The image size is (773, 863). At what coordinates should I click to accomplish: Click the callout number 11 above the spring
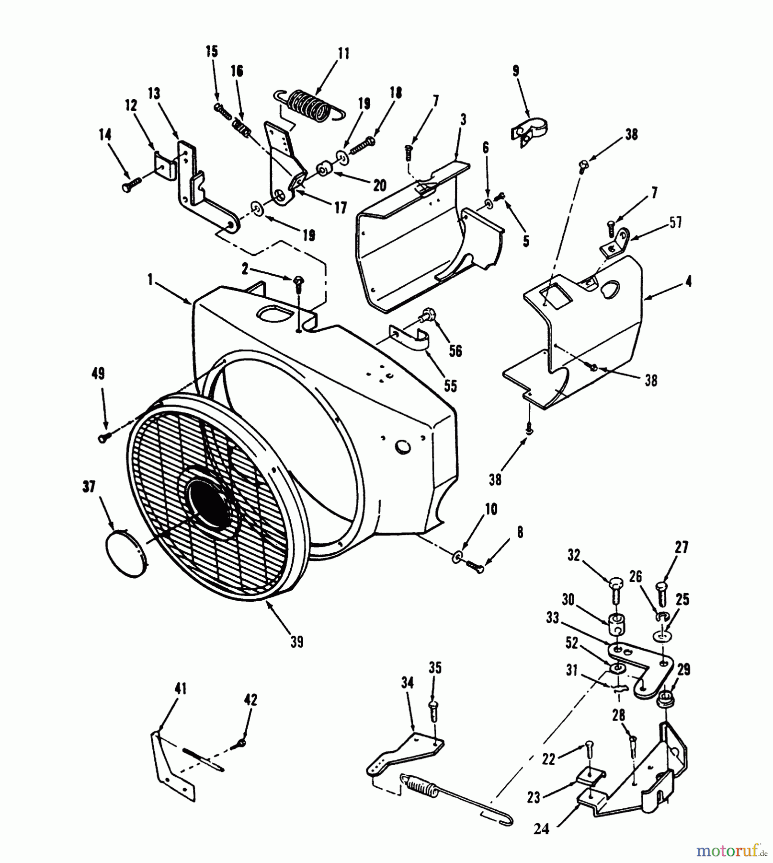pyautogui.click(x=343, y=53)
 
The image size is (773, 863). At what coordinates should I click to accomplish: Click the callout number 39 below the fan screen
pyautogui.click(x=296, y=642)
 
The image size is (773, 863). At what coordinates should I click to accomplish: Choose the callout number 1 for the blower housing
pyautogui.click(x=150, y=280)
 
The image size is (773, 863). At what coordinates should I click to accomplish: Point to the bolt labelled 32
pyautogui.click(x=616, y=590)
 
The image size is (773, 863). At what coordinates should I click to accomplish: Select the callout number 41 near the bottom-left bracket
pyautogui.click(x=167, y=689)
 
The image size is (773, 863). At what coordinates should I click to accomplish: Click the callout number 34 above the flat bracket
pyautogui.click(x=407, y=682)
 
